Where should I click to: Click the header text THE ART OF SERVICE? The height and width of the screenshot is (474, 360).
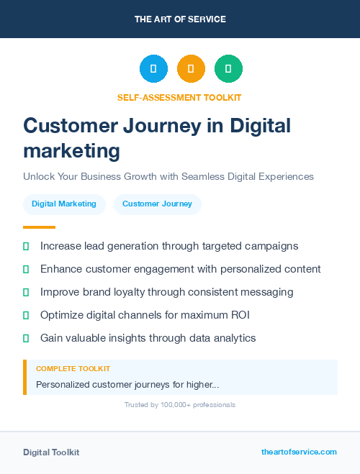180,19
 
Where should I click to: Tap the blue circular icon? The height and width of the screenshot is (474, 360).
153,68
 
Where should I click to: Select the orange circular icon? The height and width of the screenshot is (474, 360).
191,68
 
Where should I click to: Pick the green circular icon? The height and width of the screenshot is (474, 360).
228,68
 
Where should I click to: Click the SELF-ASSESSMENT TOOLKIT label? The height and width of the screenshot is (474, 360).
179,97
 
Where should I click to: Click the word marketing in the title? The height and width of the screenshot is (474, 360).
71,151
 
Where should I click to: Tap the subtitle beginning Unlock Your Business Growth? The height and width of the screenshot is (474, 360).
168,176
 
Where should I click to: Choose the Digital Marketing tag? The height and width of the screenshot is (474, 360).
64,204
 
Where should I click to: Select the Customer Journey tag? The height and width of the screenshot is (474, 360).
157,204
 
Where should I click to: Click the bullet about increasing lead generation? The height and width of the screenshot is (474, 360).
169,246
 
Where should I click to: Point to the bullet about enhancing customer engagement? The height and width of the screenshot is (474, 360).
180,269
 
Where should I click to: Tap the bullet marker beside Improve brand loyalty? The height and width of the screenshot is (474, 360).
26,292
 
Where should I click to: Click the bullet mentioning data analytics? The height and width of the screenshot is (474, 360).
148,338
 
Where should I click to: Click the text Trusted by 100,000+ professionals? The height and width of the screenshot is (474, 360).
180,405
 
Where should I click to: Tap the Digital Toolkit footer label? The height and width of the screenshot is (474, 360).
51,452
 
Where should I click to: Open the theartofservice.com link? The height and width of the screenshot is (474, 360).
299,452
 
